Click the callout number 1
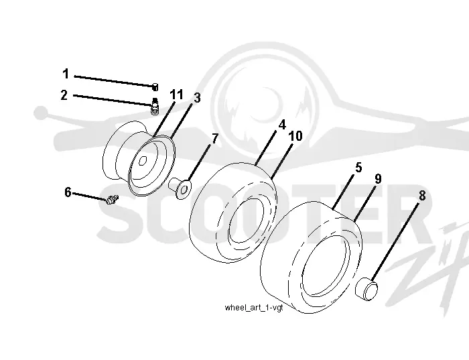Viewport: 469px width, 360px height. (x=66, y=74)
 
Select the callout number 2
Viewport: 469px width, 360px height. (x=64, y=95)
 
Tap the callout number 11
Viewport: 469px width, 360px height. (x=176, y=95)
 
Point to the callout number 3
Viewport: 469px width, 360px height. (x=197, y=98)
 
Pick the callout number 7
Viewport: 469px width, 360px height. (x=215, y=139)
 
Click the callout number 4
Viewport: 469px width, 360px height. (x=282, y=125)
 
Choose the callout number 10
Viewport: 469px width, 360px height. (x=295, y=136)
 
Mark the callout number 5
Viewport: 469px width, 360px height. (x=358, y=168)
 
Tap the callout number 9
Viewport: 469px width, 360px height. (x=378, y=179)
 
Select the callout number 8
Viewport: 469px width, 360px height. (x=421, y=196)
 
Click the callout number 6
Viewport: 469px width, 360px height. (x=68, y=192)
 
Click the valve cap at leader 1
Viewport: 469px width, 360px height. (x=155, y=87)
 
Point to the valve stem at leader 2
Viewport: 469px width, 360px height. (x=155, y=106)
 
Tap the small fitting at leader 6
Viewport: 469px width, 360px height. (x=112, y=199)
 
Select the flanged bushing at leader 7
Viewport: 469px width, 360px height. (x=180, y=187)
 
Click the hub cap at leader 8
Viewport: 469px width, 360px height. (x=366, y=288)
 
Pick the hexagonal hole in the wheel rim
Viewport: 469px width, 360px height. (x=143, y=161)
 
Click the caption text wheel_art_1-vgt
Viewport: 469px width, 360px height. (x=254, y=308)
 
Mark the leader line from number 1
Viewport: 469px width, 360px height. (x=114, y=81)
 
